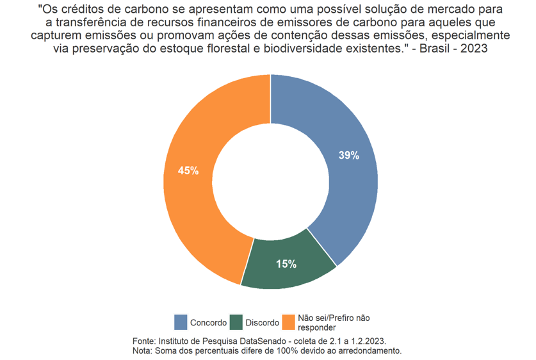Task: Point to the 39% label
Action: (349, 156)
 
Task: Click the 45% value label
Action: (188, 171)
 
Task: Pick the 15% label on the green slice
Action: (286, 264)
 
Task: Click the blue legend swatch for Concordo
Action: (181, 322)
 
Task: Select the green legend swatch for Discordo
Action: (236, 322)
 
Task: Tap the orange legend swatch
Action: (289, 322)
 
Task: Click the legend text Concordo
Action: (208, 323)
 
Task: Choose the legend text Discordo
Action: (262, 323)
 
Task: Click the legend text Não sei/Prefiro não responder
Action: (334, 323)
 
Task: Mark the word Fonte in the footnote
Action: (143, 341)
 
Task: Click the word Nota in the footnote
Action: (142, 351)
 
